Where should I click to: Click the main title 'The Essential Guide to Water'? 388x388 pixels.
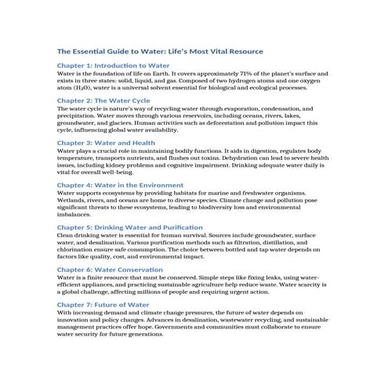[x=160, y=51]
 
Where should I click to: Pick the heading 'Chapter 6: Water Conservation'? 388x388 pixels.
[x=111, y=268]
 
